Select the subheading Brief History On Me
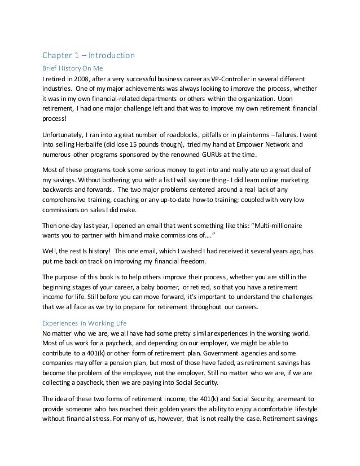74,67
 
